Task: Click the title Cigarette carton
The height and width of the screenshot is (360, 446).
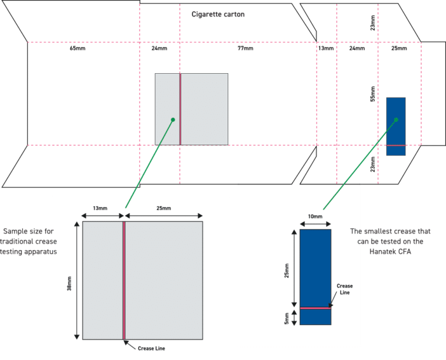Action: point(218,14)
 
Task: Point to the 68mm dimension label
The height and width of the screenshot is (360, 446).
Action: point(78,48)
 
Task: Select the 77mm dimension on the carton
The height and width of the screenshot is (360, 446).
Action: point(245,48)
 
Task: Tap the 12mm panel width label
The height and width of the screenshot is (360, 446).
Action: point(326,48)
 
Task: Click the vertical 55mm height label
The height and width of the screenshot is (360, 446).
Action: point(373,94)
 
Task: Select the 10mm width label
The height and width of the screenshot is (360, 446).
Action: point(315,217)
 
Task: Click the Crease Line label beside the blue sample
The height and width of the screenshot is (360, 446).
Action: point(344,289)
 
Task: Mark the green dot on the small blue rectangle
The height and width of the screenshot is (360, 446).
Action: point(396,120)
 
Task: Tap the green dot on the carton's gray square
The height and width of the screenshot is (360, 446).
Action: point(172,120)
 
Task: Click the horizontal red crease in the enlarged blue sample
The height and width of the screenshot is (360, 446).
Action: point(315,307)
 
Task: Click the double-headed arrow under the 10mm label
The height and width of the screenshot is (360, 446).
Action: point(315,223)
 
